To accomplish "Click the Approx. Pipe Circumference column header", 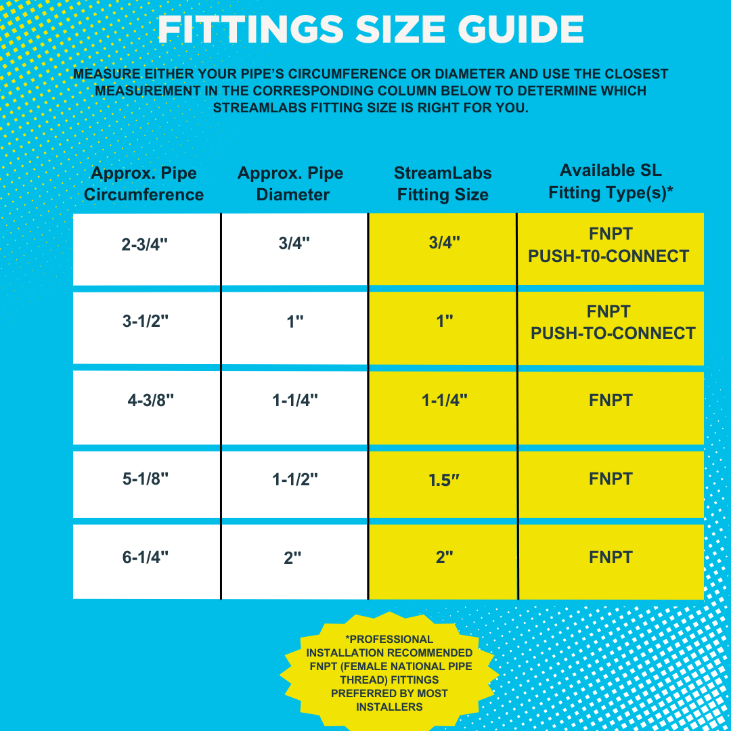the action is [x=143, y=184].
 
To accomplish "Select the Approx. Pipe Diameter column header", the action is [x=290, y=184].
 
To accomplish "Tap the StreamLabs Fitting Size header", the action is [x=443, y=184].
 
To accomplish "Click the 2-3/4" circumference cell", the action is [x=145, y=245].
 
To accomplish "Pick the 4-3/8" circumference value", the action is [x=151, y=400].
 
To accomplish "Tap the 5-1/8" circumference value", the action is [x=146, y=479].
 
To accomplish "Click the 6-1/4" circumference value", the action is [x=146, y=558].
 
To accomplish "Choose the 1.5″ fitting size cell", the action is [x=444, y=480].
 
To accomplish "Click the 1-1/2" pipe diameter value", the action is [x=295, y=479].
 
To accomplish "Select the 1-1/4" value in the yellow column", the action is [x=445, y=400].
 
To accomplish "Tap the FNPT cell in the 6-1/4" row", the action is [x=611, y=558].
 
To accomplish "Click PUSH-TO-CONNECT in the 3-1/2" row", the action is [x=613, y=334].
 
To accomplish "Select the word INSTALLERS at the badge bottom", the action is [x=389, y=707].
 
